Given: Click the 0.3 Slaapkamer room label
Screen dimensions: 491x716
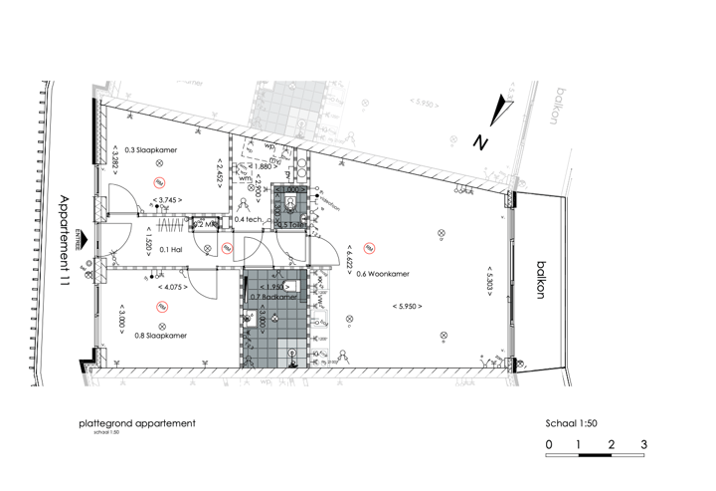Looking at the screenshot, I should (x=150, y=148).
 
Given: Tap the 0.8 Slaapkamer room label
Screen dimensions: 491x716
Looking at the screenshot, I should (x=160, y=336).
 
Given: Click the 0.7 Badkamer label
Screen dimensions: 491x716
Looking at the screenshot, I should (x=273, y=297).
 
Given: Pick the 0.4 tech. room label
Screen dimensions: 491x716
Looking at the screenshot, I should (x=249, y=219).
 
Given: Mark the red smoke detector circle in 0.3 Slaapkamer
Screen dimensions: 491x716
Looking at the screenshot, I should (x=159, y=182).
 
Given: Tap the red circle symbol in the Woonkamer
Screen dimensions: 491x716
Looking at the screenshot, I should (x=368, y=248).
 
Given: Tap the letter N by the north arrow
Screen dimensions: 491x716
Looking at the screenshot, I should (x=479, y=142).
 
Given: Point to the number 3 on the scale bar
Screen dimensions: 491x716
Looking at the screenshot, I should (x=643, y=444).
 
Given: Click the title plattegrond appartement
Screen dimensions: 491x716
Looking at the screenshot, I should (x=136, y=423).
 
